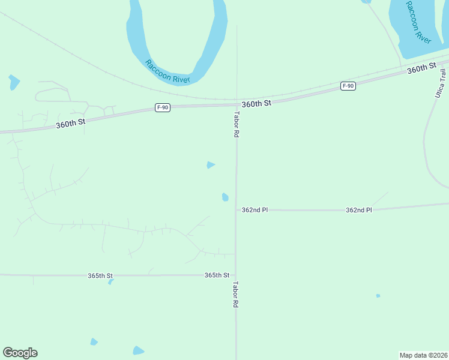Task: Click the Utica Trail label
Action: pos(436,84)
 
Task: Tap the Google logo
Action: pos(20,353)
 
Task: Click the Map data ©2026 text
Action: pos(423,355)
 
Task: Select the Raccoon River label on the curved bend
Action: pos(167,71)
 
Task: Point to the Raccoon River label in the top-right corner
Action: pos(418,22)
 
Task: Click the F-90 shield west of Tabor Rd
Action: pos(162,107)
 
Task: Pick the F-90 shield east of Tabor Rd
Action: pos(348,86)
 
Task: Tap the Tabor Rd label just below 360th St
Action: pos(237,125)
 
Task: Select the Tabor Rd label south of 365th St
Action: pos(236,295)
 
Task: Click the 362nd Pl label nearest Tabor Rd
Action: pos(255,210)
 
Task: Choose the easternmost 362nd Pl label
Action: pos(359,210)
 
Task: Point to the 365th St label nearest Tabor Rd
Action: pos(217,275)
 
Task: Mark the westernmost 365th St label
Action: pos(100,275)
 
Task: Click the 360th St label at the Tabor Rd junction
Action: pos(257,103)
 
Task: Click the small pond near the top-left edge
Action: pos(14,82)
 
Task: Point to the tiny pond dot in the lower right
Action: pos(378,295)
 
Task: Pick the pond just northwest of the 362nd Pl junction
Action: pos(225,197)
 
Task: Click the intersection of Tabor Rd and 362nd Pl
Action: pos(237,210)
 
